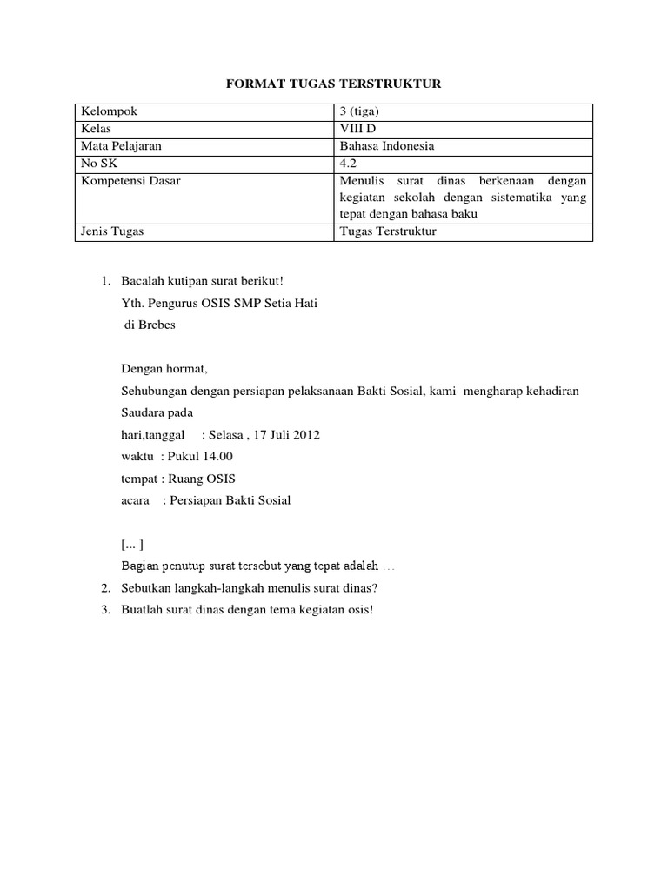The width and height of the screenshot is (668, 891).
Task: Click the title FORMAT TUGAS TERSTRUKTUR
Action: pyautogui.click(x=334, y=84)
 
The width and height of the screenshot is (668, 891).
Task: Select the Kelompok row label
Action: pyautogui.click(x=109, y=111)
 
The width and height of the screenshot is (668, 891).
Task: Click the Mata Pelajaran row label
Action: pyautogui.click(x=121, y=146)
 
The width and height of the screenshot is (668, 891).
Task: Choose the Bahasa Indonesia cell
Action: pyautogui.click(x=387, y=146)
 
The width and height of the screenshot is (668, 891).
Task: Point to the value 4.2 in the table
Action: pyautogui.click(x=348, y=164)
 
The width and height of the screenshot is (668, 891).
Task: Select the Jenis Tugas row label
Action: pyautogui.click(x=112, y=232)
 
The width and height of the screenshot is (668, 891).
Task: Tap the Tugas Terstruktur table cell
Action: pyautogui.click(x=388, y=232)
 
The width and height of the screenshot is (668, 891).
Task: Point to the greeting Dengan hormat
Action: pyautogui.click(x=164, y=369)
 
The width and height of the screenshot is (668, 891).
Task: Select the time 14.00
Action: pyautogui.click(x=218, y=457)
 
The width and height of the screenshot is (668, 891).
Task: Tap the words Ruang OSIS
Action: pyautogui.click(x=203, y=479)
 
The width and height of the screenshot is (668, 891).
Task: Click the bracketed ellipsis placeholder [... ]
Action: pyautogui.click(x=132, y=545)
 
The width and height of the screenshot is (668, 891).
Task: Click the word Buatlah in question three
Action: pyautogui.click(x=141, y=609)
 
